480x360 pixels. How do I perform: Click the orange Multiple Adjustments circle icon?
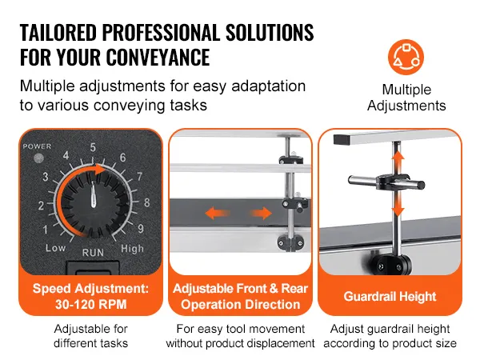coord(406,58)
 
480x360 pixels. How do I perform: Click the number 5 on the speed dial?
coord(93,146)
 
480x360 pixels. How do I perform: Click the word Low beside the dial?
coord(55,249)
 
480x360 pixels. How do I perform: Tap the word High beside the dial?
coord(132,249)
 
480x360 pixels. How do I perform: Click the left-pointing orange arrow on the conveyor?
coord(214,214)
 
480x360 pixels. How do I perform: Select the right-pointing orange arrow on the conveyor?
coord(261,214)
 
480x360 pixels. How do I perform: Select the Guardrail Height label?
coord(390,297)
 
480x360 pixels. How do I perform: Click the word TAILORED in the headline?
coord(66,33)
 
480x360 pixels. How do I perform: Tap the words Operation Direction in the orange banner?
coord(239,304)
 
